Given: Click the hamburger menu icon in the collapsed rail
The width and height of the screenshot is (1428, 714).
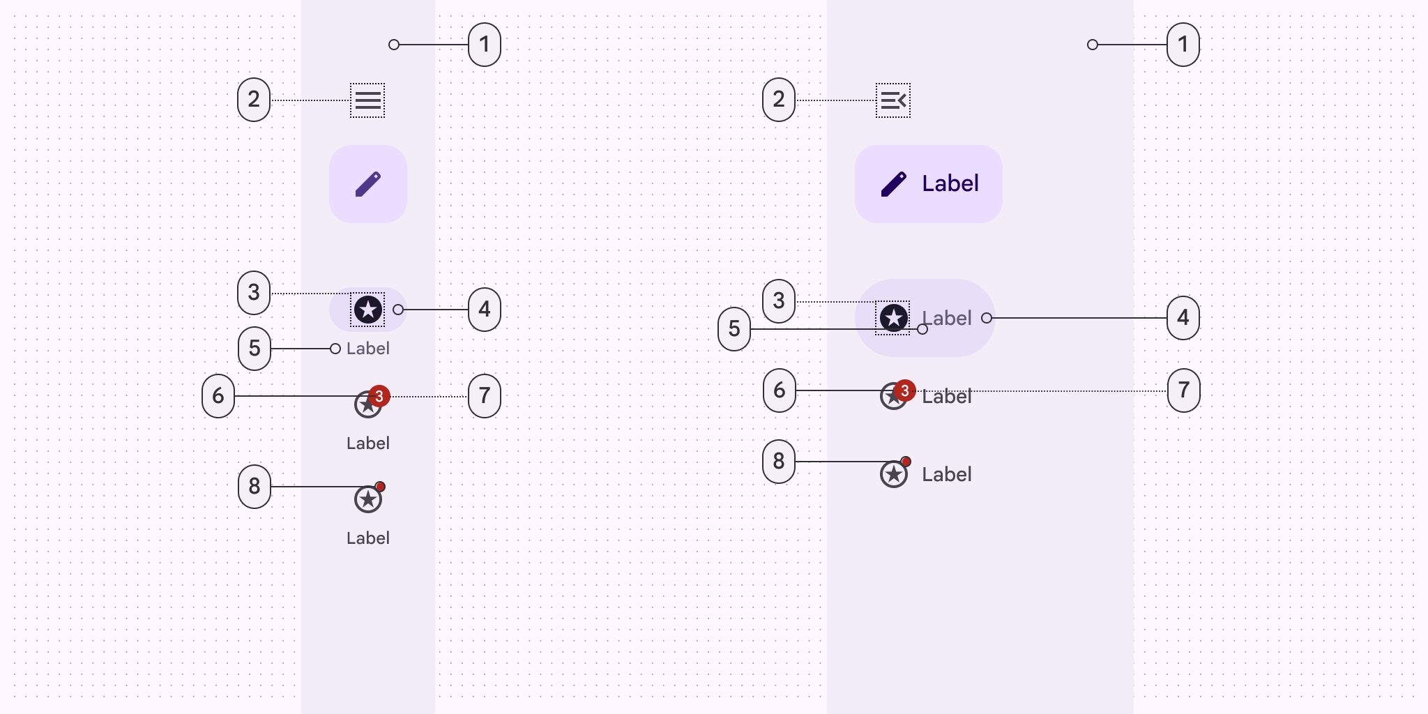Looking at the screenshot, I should click(x=367, y=100).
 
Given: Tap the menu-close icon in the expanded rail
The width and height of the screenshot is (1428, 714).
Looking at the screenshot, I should click(x=893, y=100).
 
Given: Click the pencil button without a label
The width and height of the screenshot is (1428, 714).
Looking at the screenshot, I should click(x=368, y=184).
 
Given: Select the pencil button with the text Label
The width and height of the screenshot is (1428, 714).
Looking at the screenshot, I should click(x=928, y=184).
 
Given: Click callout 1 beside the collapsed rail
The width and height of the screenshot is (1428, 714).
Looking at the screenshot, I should click(x=485, y=45).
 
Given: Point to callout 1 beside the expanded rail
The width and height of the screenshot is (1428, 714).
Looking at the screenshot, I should click(x=1183, y=45).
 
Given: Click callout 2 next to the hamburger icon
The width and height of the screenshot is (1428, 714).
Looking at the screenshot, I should click(x=254, y=100).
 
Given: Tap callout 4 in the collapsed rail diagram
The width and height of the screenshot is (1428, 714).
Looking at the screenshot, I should click(x=485, y=310).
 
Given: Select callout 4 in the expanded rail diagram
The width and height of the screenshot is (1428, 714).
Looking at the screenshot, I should click(x=1183, y=318).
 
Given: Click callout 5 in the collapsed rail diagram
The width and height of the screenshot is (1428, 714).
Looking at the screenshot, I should click(x=255, y=349).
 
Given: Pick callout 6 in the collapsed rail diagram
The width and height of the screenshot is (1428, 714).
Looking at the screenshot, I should click(x=218, y=396).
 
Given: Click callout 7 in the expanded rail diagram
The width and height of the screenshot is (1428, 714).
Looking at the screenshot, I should click(x=1183, y=390).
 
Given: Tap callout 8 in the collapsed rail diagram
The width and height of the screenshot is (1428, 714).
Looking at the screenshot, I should click(x=255, y=487).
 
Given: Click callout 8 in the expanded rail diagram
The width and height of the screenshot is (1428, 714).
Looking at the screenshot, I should click(x=779, y=462).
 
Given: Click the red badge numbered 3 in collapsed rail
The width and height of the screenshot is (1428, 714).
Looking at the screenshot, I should click(x=379, y=396).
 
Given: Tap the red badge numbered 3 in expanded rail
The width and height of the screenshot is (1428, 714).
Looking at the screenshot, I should click(x=904, y=390).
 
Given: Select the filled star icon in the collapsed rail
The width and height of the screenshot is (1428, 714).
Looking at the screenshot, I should click(x=368, y=310).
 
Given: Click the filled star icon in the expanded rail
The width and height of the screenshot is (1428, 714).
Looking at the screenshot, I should click(x=893, y=318).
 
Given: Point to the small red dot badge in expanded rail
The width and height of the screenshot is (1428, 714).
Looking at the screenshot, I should click(x=906, y=462).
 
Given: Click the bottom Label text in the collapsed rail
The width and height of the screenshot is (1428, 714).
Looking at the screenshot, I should click(x=368, y=538).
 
